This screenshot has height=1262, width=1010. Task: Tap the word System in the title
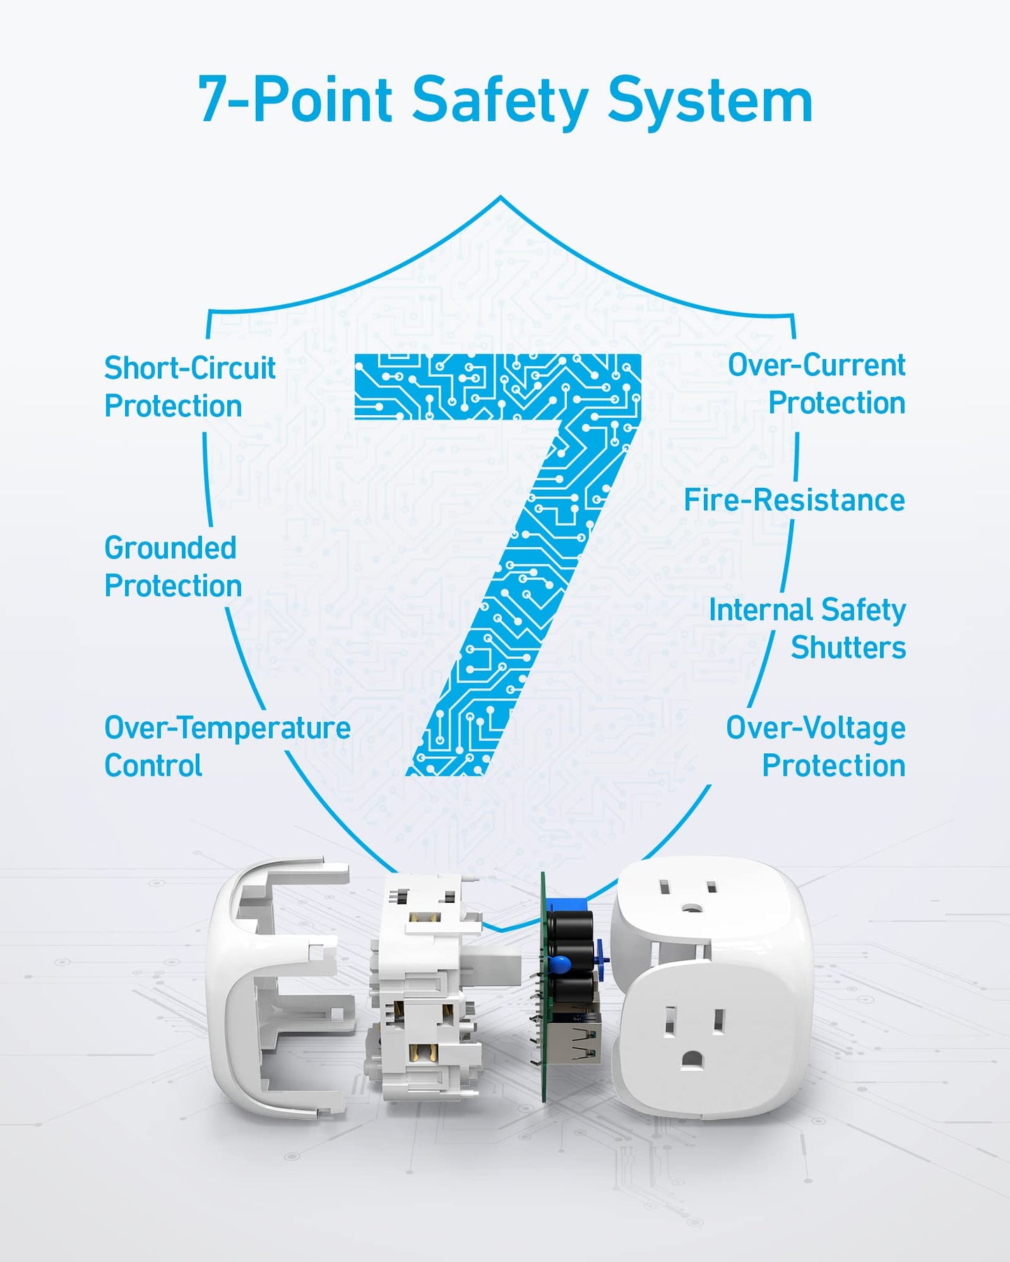710,102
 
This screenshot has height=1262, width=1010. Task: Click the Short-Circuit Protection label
190,386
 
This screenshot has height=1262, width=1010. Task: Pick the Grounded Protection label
173,567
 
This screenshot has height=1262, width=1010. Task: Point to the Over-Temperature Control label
227,746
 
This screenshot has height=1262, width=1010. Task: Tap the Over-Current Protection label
816,384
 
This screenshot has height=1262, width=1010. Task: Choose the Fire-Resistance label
794,500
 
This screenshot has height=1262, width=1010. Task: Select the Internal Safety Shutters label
807,628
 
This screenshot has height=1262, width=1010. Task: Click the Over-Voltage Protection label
816,746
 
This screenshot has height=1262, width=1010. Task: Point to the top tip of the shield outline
500,197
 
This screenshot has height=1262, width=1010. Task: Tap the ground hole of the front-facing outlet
692,1059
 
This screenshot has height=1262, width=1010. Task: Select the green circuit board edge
542,987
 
